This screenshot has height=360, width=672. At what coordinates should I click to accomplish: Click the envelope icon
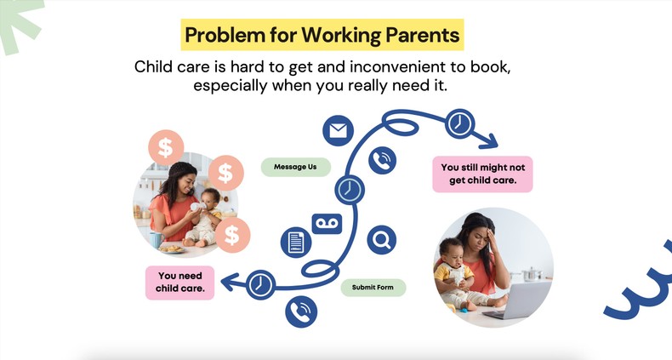pos(338,130)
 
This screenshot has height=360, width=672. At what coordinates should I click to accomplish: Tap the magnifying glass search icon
pos(382,240)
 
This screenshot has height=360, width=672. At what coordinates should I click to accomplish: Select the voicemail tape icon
pos(327,224)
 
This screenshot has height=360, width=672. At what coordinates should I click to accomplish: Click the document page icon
pos(295,243)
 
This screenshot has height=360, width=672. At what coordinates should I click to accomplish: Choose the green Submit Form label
pos(373,288)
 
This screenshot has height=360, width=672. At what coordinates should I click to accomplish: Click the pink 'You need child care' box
pos(179,283)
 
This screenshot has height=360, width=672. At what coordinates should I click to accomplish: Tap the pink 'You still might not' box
pos(481,174)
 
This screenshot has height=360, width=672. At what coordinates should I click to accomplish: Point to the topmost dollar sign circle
pos(165,146)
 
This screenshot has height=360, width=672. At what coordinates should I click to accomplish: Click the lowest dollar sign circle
pos(232,233)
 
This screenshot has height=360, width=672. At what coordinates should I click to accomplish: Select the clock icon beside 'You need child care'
pos(262,284)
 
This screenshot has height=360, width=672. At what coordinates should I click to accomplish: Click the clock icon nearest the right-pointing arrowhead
pos(460,123)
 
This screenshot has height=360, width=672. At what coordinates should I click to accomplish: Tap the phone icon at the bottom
pos(301,311)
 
